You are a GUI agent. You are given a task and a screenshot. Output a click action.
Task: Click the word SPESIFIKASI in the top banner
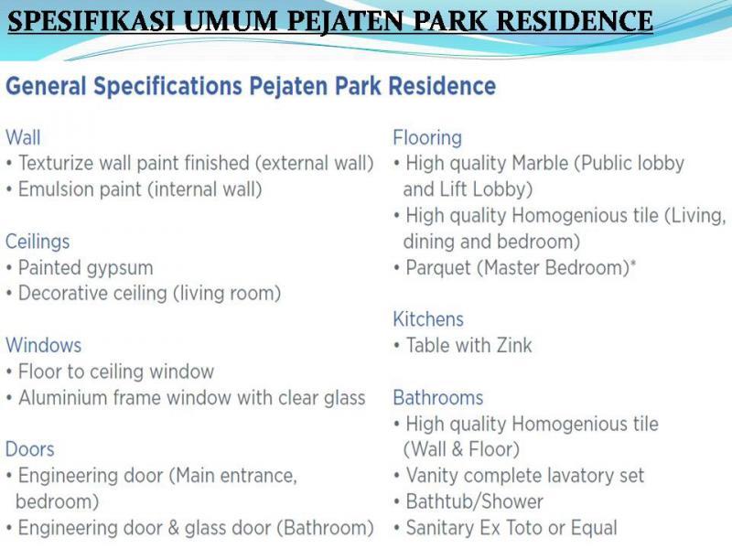92,21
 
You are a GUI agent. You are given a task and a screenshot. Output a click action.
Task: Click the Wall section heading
23,138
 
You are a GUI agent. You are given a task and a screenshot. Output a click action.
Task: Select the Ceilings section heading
38,242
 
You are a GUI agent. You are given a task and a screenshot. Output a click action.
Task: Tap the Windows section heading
43,346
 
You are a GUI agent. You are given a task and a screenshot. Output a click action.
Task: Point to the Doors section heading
30,449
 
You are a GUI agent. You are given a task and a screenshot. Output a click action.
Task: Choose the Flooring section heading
427,138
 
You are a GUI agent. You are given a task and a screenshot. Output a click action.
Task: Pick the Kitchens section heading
428,319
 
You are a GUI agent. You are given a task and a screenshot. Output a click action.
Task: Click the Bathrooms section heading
438,398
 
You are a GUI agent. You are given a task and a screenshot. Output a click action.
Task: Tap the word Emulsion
56,189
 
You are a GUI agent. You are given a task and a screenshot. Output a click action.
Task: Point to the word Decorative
63,294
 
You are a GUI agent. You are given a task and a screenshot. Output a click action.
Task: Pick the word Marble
540,164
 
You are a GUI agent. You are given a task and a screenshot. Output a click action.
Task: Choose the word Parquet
438,268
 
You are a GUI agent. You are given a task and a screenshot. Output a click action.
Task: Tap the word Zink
514,346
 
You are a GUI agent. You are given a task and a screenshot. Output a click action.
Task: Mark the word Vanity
432,476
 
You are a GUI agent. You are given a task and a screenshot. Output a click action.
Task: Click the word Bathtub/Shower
475,501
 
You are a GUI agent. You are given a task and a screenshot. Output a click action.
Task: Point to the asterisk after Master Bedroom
633,264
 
